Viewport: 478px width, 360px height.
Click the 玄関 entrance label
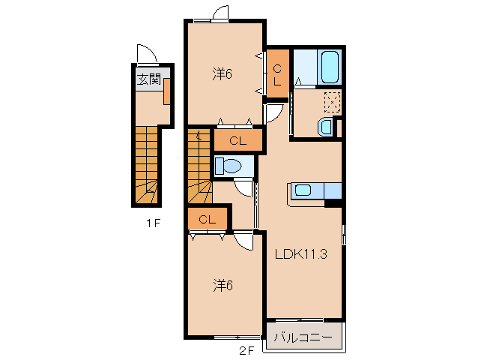149,79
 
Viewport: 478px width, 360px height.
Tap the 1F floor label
153,223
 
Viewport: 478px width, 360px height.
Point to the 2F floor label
246,351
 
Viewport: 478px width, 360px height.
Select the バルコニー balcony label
303,337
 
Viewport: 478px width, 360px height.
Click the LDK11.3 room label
301,253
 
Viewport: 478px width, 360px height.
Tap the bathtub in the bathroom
330,67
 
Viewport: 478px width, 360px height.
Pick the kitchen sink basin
303,190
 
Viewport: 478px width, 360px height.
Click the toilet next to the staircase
228,166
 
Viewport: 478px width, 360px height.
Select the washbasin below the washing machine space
325,127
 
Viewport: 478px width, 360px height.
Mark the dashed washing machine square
332,102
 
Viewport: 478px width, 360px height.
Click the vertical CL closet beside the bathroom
277,74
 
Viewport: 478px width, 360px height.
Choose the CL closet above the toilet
238,140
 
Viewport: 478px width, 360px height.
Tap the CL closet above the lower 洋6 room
208,219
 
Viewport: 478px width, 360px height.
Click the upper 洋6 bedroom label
223,73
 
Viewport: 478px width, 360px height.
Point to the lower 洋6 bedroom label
223,286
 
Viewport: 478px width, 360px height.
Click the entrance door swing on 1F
147,55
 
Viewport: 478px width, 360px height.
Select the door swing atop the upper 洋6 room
220,13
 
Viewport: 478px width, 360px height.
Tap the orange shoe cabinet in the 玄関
167,91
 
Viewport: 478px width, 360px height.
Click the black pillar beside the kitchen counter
333,203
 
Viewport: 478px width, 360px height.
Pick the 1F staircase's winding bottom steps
147,192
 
